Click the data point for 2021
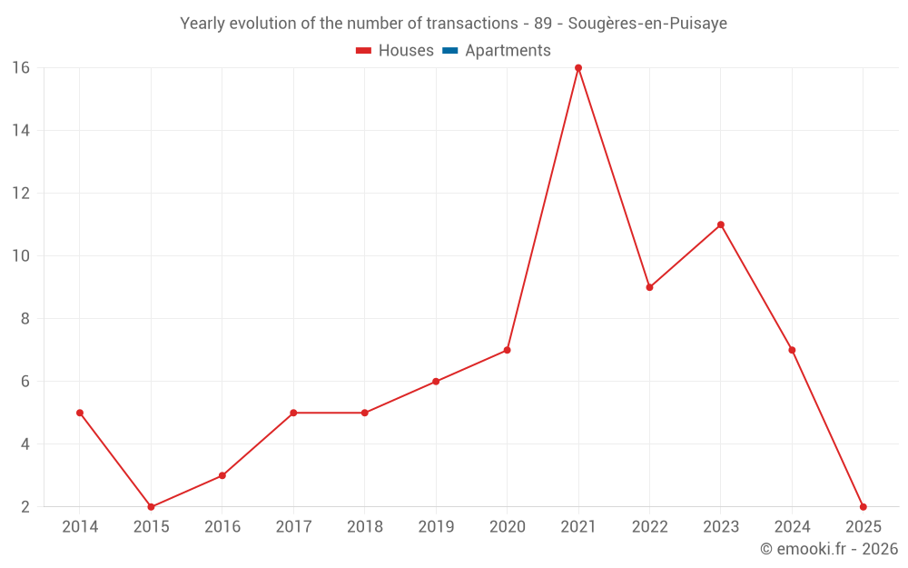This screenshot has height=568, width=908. pos(578,68)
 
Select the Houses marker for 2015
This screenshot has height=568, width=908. pos(151,507)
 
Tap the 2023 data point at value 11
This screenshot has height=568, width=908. pos(721,224)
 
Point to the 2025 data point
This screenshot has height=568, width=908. pos(863,507)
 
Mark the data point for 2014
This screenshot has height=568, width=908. pos(80,413)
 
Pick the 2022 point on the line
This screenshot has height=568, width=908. pos(649,287)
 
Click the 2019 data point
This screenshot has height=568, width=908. pos(436,382)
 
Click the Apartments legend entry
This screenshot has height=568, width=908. pos(508,51)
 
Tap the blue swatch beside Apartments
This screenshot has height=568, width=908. pos(449,51)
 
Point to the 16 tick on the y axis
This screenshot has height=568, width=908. pos(21,68)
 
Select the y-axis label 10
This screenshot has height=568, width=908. pos(21,256)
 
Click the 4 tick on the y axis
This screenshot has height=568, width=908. pos(25,444)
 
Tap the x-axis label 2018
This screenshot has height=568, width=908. pos(364,527)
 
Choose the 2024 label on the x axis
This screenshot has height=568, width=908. pos(792,527)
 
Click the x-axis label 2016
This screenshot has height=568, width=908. pos(222,527)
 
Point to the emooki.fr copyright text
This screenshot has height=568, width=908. pos(829,549)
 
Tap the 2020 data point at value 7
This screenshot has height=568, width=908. pos(507,350)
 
